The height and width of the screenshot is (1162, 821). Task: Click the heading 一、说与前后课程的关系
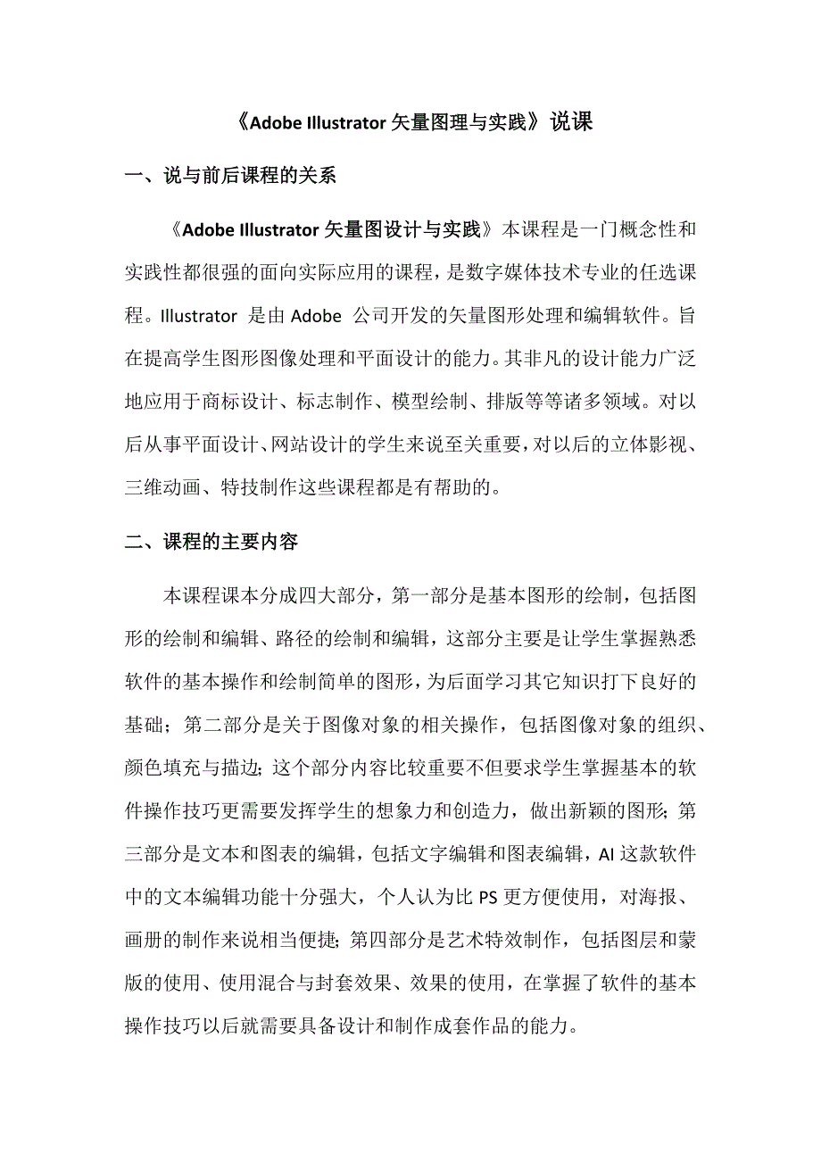pos(231,176)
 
